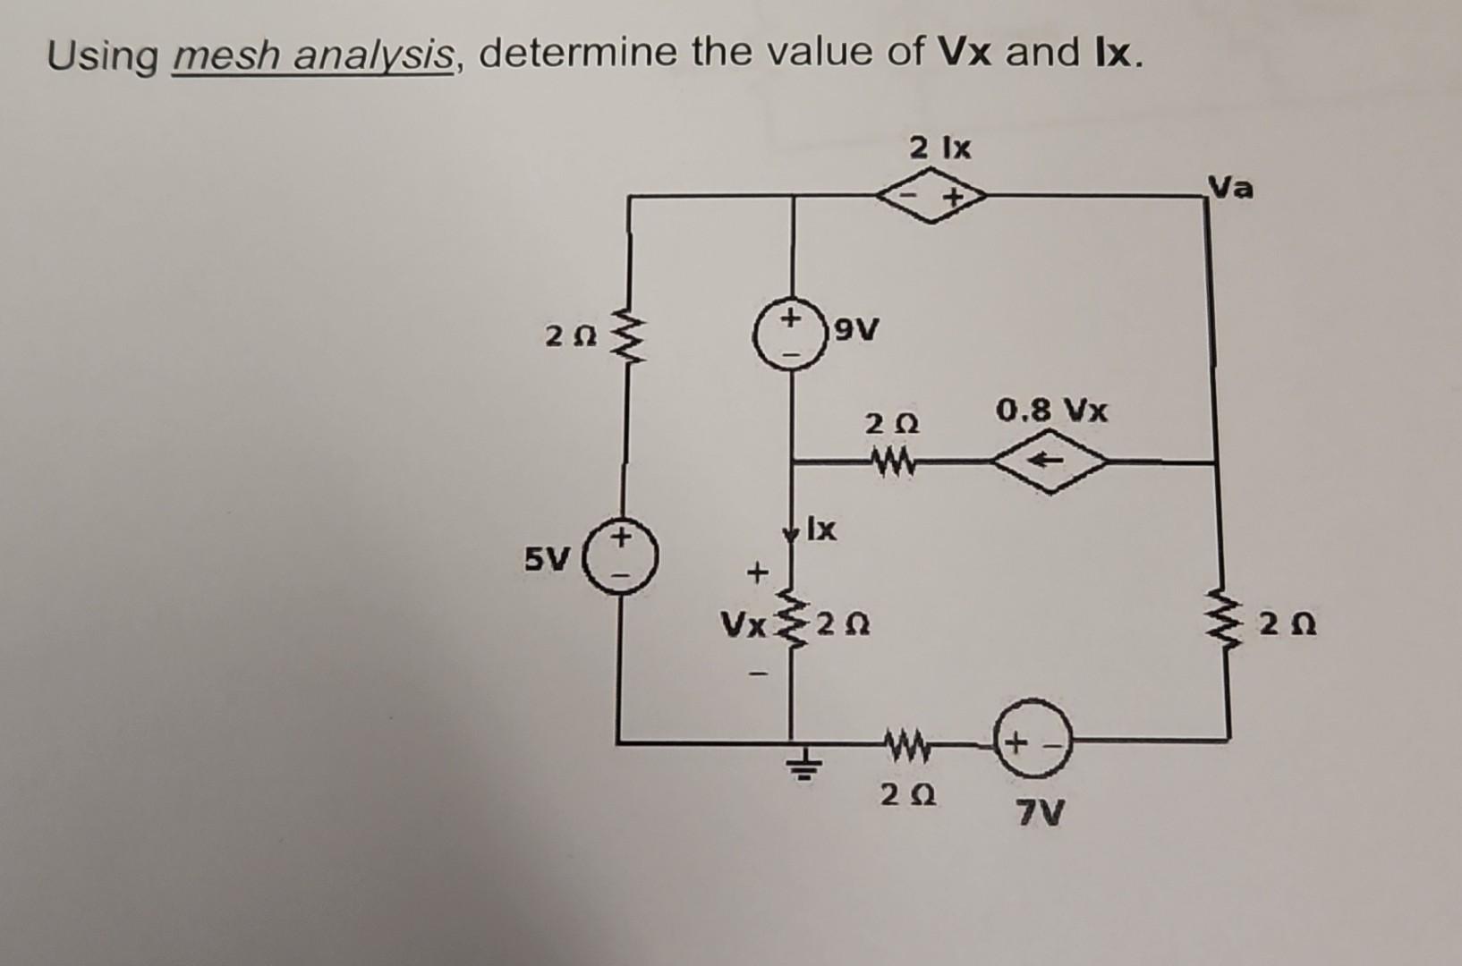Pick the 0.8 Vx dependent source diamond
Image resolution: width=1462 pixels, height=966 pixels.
pyautogui.click(x=1050, y=462)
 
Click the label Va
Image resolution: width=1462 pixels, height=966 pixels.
pyautogui.click(x=1231, y=189)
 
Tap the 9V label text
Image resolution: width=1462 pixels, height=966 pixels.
pyautogui.click(x=856, y=332)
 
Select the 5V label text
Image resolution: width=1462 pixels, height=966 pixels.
pyautogui.click(x=547, y=561)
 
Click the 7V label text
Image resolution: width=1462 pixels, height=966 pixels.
pyautogui.click(x=1041, y=814)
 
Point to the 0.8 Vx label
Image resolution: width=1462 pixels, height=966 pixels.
pyautogui.click(x=1051, y=411)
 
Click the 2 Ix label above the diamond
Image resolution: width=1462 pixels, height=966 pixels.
pyautogui.click(x=939, y=148)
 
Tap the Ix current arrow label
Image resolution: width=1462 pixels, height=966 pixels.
pyautogui.click(x=821, y=530)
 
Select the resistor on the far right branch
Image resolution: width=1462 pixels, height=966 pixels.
pyautogui.click(x=1221, y=617)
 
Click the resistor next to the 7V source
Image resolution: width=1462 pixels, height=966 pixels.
pyautogui.click(x=906, y=741)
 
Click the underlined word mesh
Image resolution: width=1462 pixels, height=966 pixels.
pyautogui.click(x=227, y=57)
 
